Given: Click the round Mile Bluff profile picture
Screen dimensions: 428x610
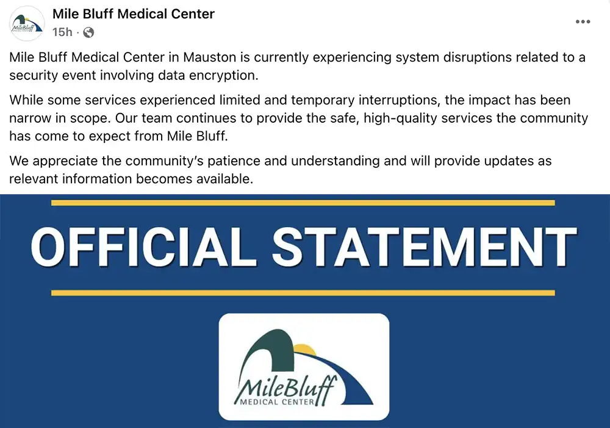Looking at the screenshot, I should click(27, 23).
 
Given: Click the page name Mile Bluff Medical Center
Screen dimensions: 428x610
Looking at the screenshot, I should click(134, 13).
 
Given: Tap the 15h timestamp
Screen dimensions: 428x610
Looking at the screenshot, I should click(62, 32).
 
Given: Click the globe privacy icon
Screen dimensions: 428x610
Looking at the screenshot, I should click(88, 32).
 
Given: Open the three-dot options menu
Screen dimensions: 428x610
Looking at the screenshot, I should click(583, 22).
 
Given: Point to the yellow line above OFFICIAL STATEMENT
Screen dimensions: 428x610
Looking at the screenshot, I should click(303, 203).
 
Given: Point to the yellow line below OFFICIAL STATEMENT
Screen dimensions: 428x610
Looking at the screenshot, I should click(303, 293).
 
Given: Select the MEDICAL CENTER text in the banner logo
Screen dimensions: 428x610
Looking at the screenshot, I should click(278, 402).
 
